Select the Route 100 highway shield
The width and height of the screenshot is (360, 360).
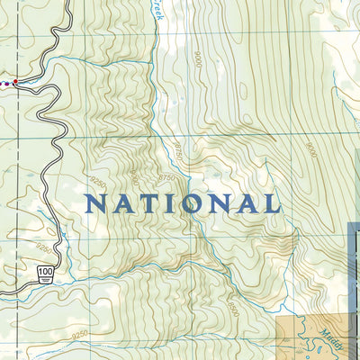44,271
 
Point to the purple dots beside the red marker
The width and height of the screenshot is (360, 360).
5,83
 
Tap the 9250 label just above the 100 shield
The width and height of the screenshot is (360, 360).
43,247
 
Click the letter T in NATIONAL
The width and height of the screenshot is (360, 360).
144,203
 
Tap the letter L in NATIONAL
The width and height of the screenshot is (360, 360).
272,203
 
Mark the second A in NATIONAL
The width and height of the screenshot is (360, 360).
247,203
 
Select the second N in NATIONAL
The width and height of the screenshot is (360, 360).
219,203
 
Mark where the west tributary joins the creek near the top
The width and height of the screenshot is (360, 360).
155,84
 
